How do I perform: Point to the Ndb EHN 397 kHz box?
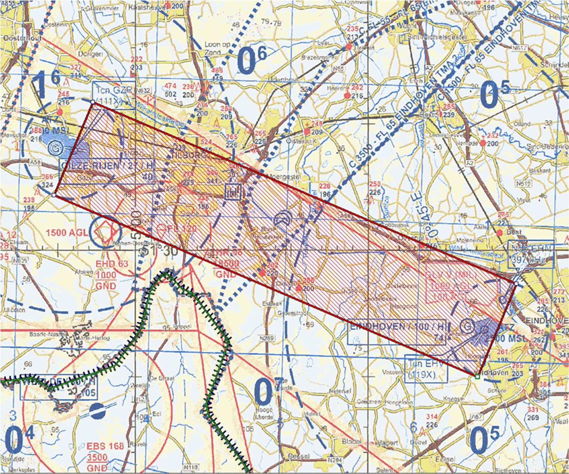click(x=531, y=254)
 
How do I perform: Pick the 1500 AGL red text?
click(x=66, y=233)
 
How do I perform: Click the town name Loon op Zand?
click(x=217, y=48)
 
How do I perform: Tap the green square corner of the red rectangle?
click(x=477, y=376)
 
